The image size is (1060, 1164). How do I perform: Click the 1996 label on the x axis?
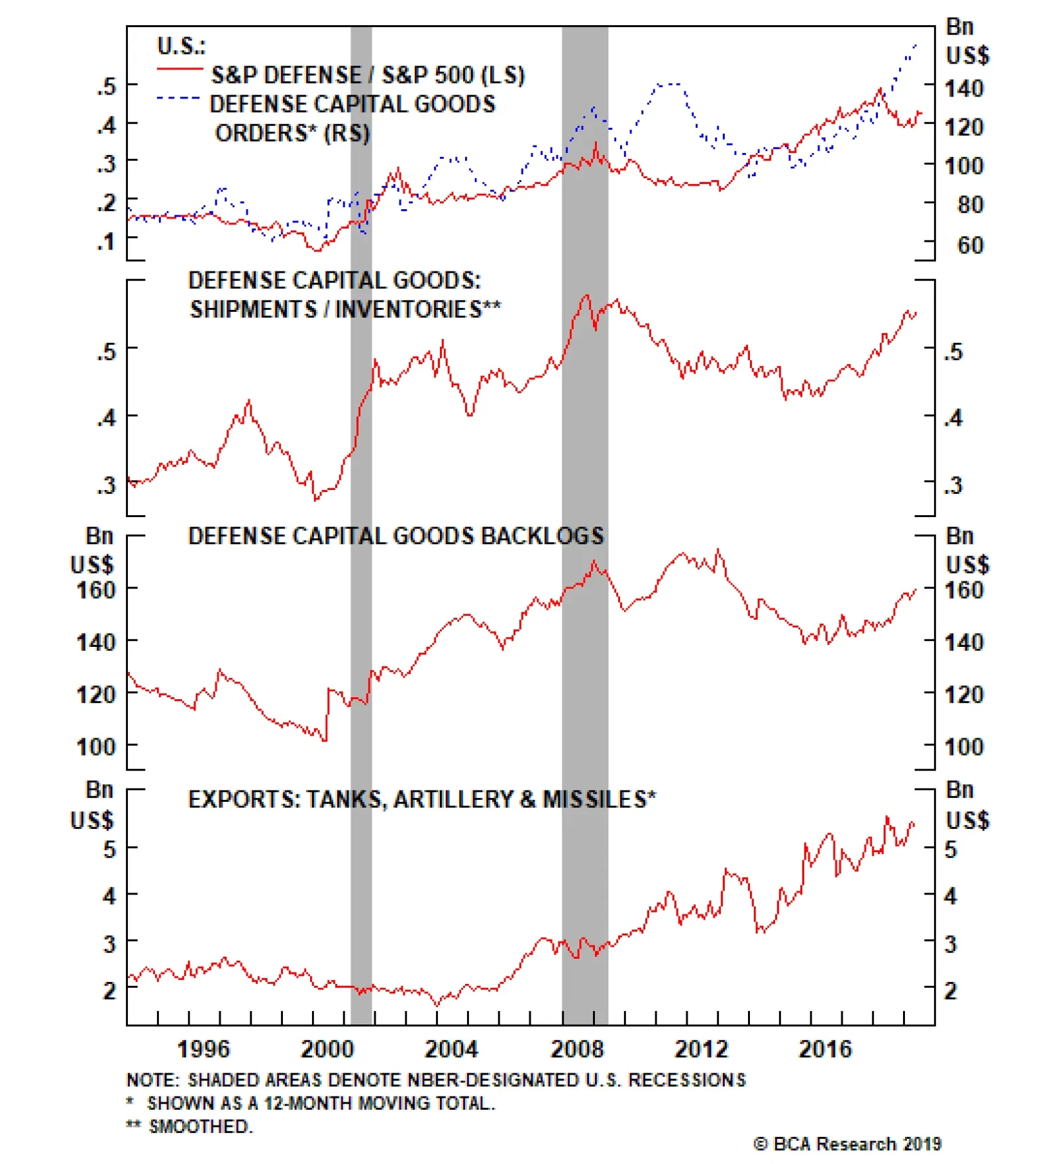point(203,1049)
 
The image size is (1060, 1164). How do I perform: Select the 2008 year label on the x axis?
point(577,1049)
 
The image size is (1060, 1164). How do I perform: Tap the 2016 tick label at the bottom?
point(825,1049)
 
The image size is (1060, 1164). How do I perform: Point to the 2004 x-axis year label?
point(451,1049)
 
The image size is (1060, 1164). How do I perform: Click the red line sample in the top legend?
point(180,69)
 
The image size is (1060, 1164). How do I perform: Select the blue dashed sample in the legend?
point(178,98)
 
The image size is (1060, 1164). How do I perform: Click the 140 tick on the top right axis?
point(964,88)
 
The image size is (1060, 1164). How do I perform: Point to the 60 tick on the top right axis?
point(971,245)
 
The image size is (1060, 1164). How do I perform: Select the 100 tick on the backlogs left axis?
point(96,747)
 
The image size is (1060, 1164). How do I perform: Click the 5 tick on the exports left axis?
point(109,849)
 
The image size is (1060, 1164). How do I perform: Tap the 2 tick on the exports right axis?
point(951,991)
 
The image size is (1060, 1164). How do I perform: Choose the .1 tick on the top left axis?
point(106,241)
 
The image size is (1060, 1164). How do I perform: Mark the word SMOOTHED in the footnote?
point(201,1126)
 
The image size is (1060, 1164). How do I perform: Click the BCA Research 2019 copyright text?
point(847,1144)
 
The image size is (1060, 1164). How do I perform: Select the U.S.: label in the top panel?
point(181,46)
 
